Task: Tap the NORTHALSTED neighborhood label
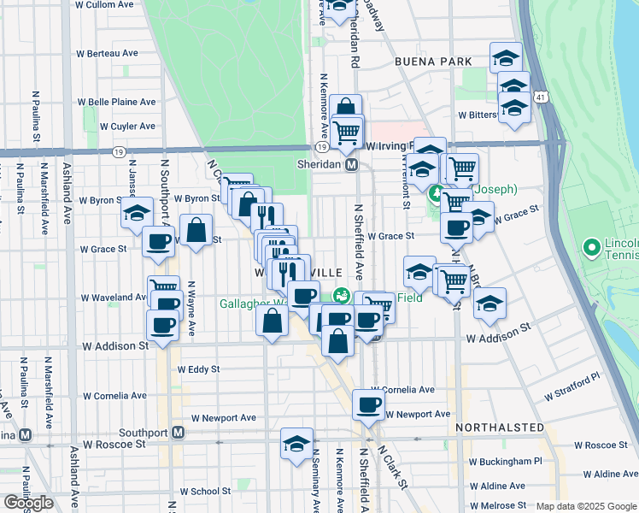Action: (x=499, y=427)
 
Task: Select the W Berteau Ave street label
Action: (x=107, y=53)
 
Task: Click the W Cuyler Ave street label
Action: (x=127, y=126)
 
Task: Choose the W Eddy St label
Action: (x=198, y=369)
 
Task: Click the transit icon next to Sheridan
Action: (x=351, y=164)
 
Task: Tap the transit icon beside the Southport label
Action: (x=178, y=433)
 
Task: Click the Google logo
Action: (x=28, y=503)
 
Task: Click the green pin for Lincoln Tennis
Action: (x=589, y=249)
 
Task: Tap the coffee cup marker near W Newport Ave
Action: (x=369, y=404)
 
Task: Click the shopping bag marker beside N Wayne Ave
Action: (x=196, y=230)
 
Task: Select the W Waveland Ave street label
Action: (x=114, y=298)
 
